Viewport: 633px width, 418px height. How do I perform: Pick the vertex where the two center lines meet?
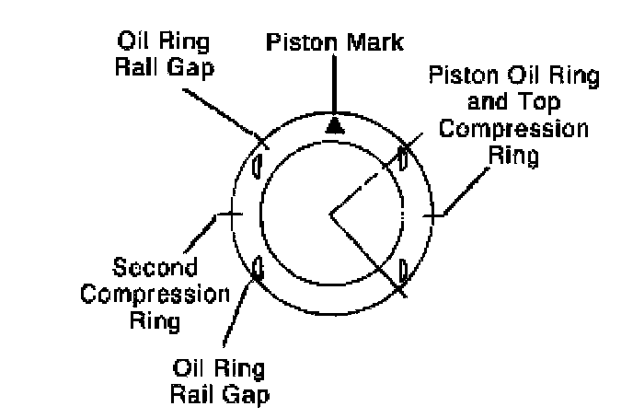[x=329, y=215]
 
